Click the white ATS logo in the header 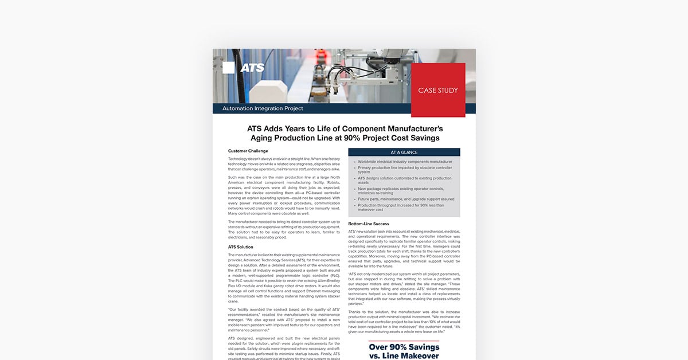tap(252, 68)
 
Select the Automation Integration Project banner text tap(262, 108)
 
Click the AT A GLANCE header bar tap(404, 152)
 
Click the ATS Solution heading tap(241, 247)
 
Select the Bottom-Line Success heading tap(369, 224)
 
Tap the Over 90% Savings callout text tap(404, 346)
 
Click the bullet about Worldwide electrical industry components tap(405, 162)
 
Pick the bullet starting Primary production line tap(405, 170)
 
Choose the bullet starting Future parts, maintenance tap(406, 199)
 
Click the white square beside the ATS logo tap(228, 68)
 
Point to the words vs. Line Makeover tap(404, 356)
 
